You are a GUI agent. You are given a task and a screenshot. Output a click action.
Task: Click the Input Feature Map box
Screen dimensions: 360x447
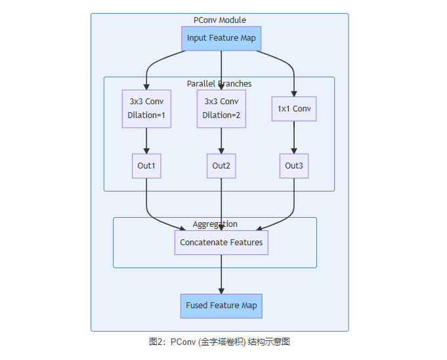click(x=221, y=38)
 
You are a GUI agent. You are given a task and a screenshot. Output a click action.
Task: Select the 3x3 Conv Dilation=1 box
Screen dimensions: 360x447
click(x=146, y=108)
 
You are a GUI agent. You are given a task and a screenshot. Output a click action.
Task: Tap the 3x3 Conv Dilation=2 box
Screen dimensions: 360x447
click(x=221, y=108)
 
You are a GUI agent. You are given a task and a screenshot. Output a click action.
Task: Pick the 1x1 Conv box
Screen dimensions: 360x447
click(x=293, y=109)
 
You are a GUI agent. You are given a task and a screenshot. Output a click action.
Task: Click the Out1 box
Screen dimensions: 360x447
click(x=146, y=166)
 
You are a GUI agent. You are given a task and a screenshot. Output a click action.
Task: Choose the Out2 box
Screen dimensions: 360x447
click(x=221, y=166)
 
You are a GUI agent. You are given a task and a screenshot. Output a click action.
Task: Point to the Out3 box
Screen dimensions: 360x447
click(x=293, y=166)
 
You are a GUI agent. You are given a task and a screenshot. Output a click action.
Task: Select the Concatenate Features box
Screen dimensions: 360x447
click(x=221, y=243)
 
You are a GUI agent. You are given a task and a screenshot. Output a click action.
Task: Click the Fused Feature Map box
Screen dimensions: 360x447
click(x=221, y=306)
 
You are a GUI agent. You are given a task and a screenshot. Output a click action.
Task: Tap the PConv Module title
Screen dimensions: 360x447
click(x=220, y=20)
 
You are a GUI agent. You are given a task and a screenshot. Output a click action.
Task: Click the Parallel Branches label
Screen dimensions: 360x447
click(x=219, y=84)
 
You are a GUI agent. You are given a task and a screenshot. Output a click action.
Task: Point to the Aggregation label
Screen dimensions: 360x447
click(x=215, y=224)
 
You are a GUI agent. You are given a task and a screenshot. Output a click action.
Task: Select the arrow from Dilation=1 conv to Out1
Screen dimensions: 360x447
click(x=146, y=140)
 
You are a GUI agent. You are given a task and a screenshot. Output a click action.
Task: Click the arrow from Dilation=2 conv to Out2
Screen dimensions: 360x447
click(x=221, y=140)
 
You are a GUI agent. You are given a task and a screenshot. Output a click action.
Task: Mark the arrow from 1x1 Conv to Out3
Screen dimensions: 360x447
click(x=293, y=137)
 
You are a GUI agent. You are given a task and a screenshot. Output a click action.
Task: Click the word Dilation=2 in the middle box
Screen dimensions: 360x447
click(x=221, y=115)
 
